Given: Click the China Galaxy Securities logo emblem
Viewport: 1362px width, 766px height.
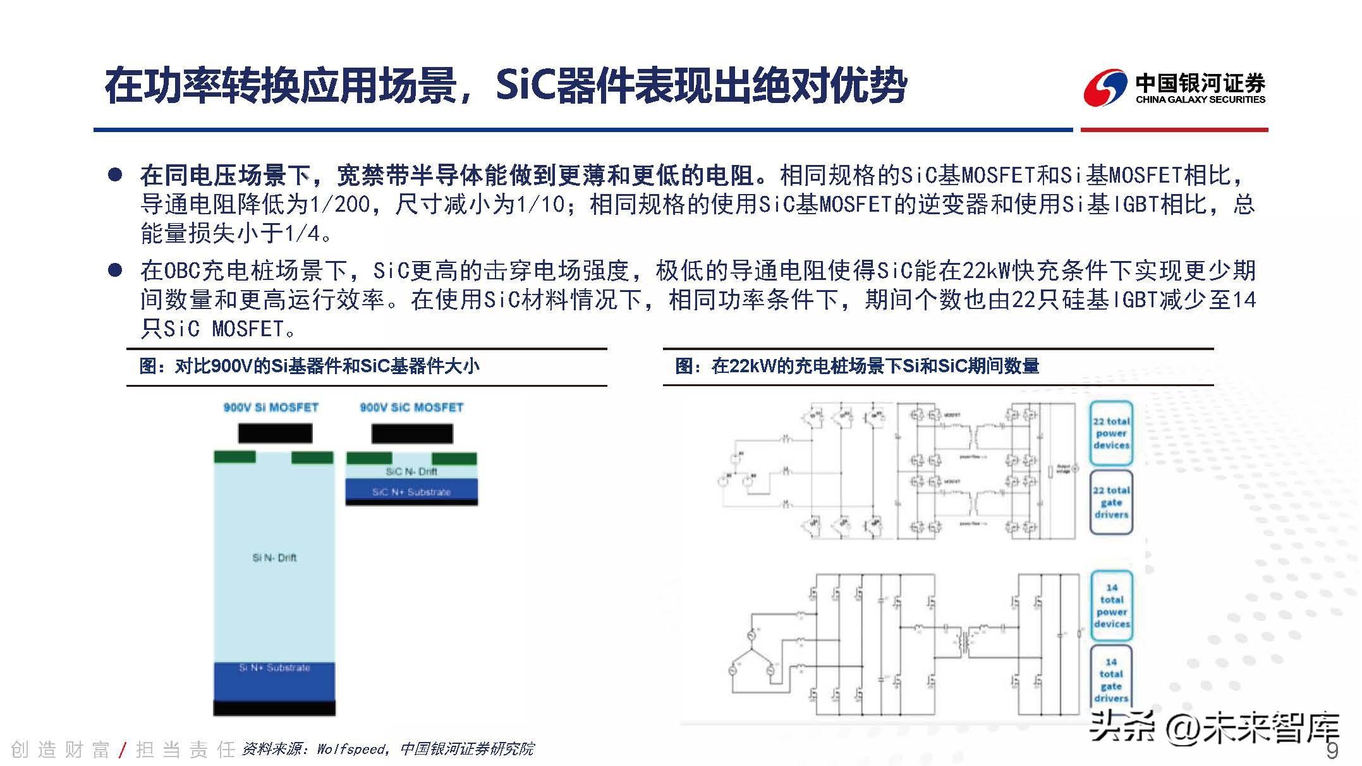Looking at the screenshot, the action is pos(1105,88).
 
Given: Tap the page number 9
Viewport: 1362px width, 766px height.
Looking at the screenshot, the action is pos(1332,750).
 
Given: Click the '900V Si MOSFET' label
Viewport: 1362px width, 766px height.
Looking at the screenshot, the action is pos(271,408).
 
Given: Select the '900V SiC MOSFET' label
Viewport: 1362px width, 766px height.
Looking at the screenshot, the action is pos(411,408).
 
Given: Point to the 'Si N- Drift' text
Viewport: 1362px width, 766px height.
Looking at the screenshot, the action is pos(274,557).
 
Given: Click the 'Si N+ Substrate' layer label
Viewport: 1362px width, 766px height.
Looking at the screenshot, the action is pos(274,667).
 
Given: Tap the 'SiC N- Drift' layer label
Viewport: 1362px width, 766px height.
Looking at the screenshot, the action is pos(411,471).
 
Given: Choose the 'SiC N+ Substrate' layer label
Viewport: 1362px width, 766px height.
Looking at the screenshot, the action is pos(411,492).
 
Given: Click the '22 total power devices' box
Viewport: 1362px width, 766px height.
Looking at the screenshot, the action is pos(1111,434).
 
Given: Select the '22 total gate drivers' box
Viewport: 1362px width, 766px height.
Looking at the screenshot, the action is pos(1111,502).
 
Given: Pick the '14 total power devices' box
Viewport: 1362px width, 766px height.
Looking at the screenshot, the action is pos(1111,605).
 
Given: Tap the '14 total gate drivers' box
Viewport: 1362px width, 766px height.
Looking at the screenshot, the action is pos(1111,680).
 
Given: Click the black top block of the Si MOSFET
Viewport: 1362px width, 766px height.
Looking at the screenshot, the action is pos(275,433).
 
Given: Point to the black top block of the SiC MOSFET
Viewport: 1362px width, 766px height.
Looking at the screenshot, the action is pos(411,434).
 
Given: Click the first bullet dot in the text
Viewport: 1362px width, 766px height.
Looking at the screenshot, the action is pos(115,175).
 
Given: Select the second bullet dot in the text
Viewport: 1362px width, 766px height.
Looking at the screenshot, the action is pos(115,271).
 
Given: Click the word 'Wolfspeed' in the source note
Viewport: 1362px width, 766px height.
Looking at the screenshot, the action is pos(351,749).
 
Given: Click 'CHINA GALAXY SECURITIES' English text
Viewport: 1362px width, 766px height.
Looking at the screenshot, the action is pos(1200,99).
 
